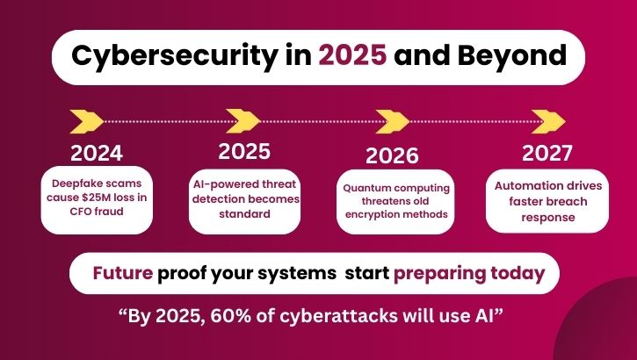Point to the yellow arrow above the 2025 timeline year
[243, 119]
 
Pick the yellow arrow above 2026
[394, 119]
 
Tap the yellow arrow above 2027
[546, 119]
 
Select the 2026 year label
[392, 156]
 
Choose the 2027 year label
[547, 153]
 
